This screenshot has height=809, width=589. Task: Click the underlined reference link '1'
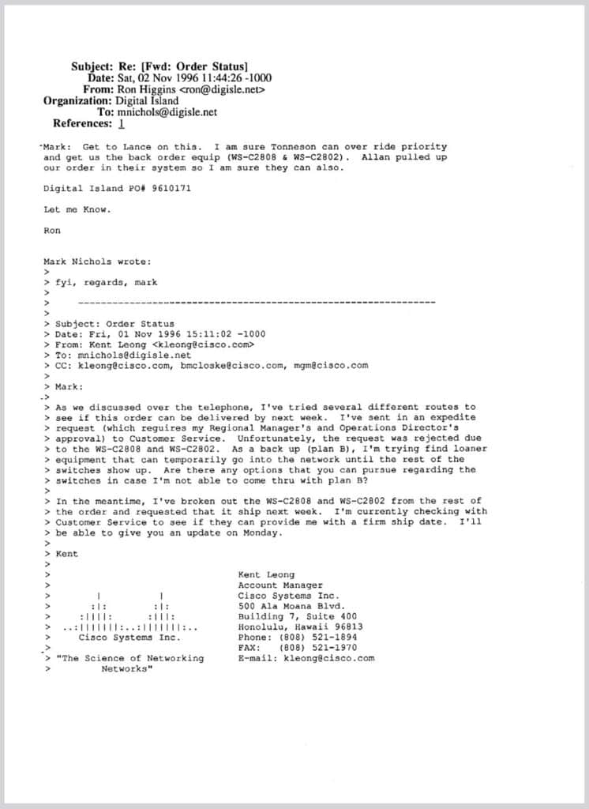pos(121,123)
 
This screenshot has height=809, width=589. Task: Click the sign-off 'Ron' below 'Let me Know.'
pos(51,231)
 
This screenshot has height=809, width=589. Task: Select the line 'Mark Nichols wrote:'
pos(98,262)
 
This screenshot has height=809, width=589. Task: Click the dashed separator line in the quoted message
pos(257,303)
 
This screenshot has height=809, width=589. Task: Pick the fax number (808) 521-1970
pos(319,647)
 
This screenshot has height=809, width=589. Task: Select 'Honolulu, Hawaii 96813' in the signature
pos(300,627)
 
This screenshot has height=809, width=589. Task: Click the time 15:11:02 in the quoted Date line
pos(183,334)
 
